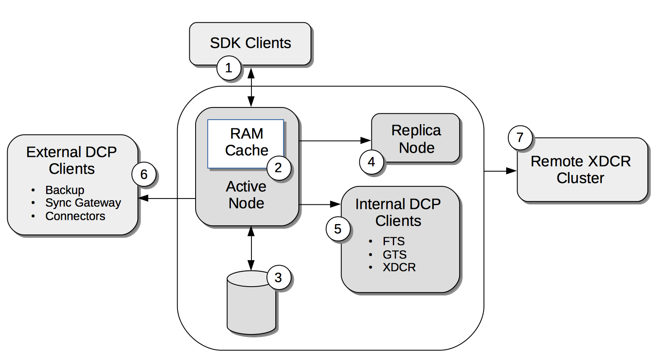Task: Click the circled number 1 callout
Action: [229, 68]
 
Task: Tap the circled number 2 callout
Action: [278, 168]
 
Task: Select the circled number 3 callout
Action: [278, 277]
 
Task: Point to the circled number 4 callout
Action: [371, 162]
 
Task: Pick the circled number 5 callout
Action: [338, 229]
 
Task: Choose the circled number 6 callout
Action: [144, 175]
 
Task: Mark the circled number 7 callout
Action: [520, 138]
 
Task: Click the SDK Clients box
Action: [250, 43]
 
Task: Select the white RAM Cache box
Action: [246, 142]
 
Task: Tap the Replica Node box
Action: [416, 138]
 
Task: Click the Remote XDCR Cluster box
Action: [581, 170]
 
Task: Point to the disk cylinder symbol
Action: [251, 304]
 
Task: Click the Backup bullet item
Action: [65, 190]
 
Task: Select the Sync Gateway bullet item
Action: [83, 203]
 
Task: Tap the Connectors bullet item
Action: [75, 216]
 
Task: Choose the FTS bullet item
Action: [394, 241]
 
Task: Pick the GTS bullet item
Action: [395, 254]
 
